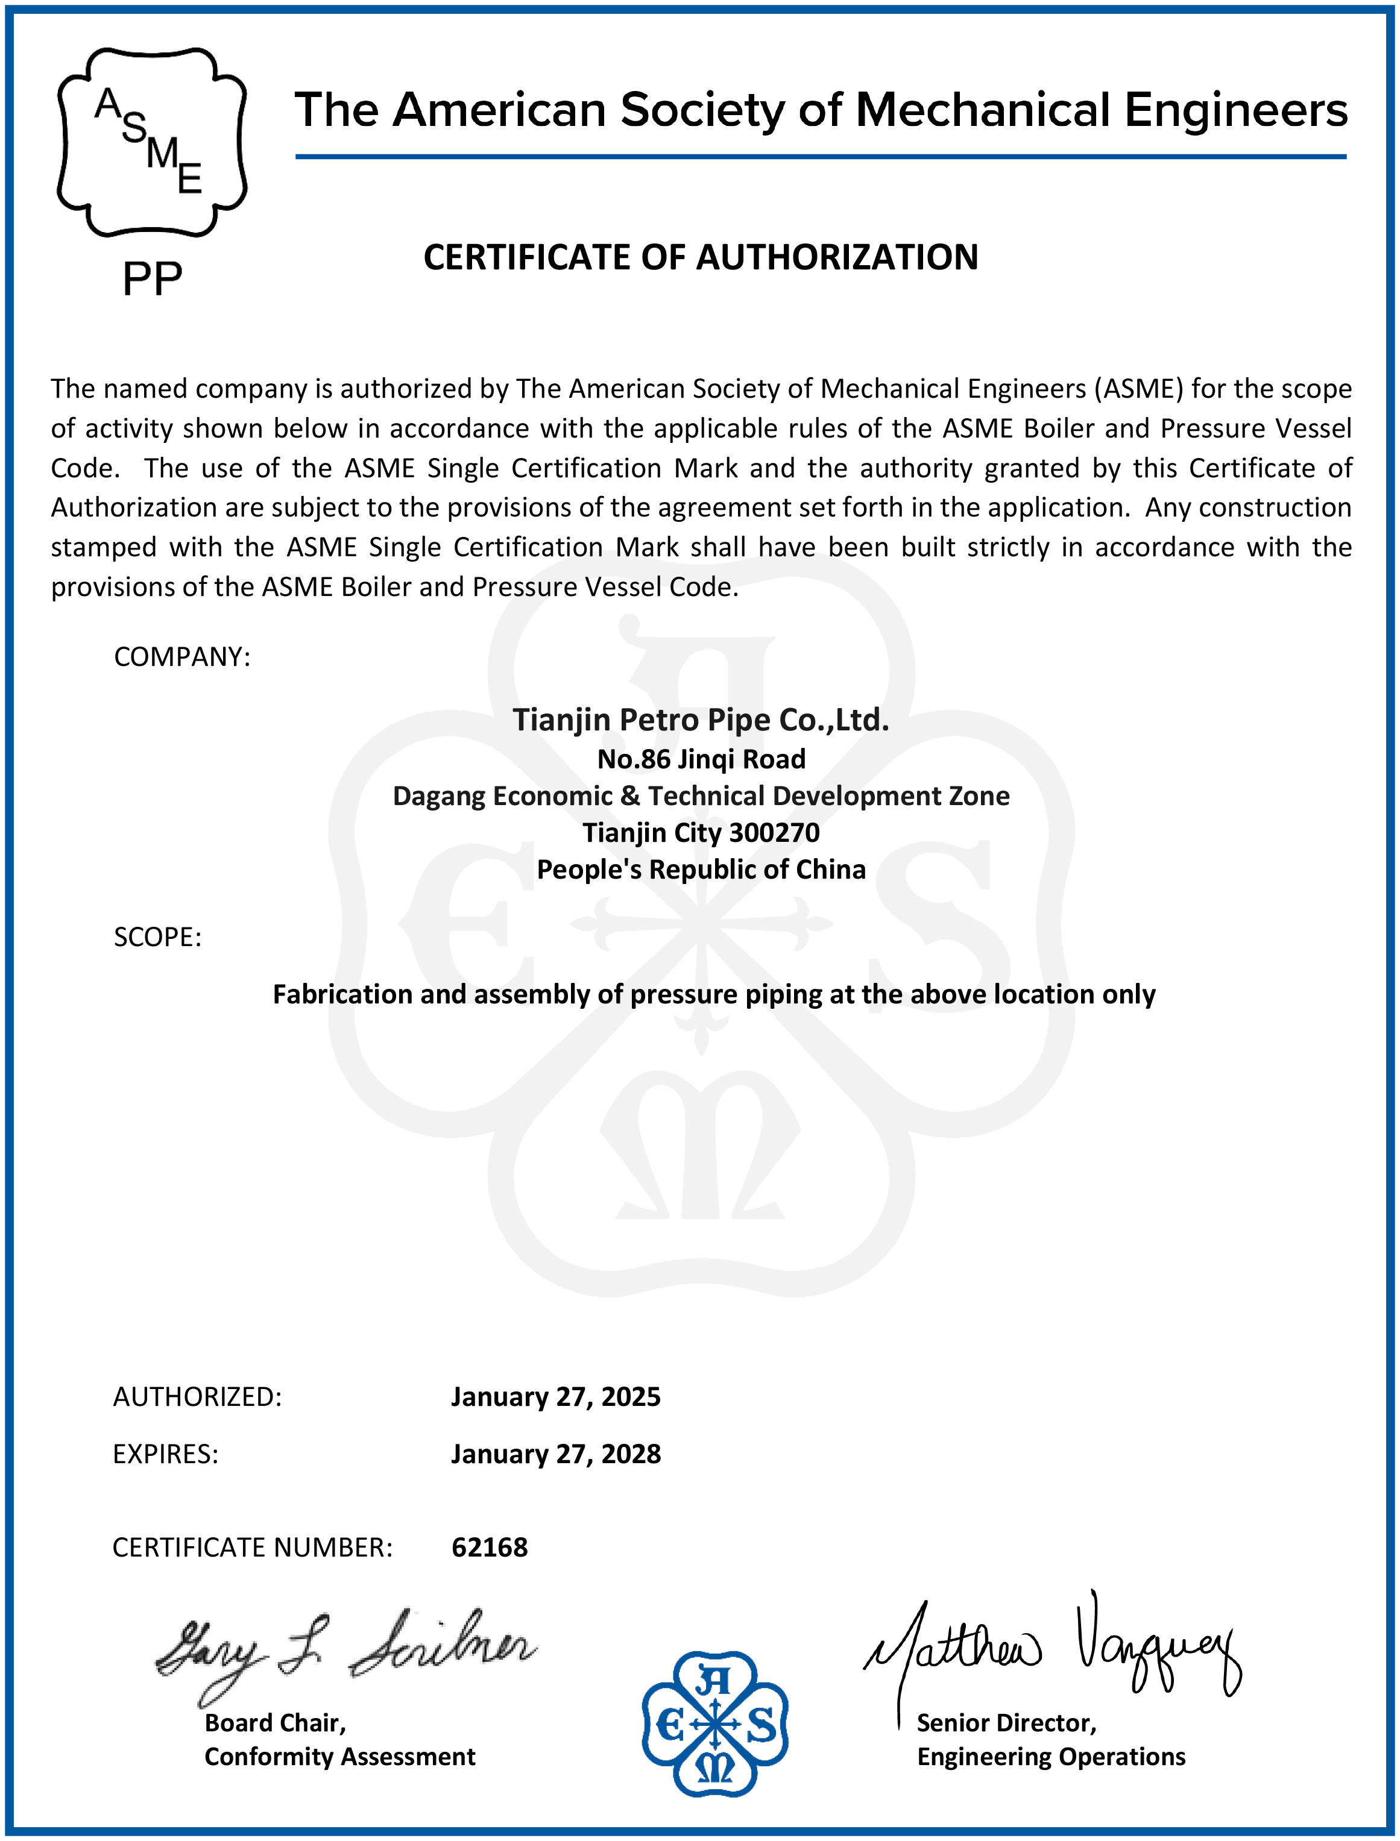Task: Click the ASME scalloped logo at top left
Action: (152, 142)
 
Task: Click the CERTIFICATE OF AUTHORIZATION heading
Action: (700, 257)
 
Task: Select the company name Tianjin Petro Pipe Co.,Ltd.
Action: (700, 720)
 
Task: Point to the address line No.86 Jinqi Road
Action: (701, 759)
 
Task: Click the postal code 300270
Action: (774, 832)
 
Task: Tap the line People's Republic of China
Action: (701, 869)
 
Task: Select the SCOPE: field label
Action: (157, 937)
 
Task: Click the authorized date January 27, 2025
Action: (555, 1397)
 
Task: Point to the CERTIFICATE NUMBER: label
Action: (251, 1548)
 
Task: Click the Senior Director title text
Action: (1007, 1723)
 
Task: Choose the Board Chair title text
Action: (275, 1723)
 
